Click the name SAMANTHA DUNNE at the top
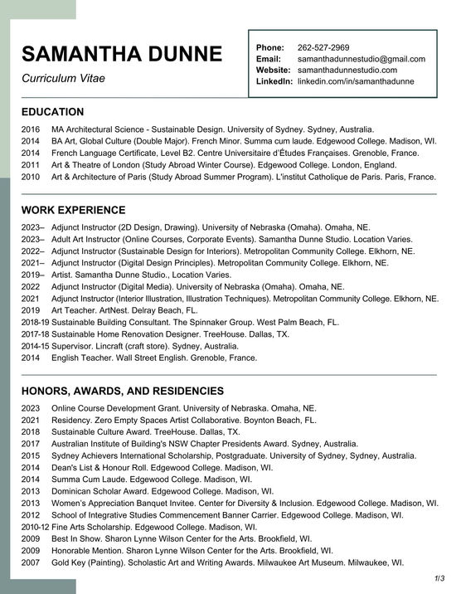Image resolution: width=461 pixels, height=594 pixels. coord(122,55)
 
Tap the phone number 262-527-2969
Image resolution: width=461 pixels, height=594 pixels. coord(323,47)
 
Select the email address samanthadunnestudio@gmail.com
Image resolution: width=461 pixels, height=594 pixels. coord(361,59)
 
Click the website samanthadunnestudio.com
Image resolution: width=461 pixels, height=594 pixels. coord(347,71)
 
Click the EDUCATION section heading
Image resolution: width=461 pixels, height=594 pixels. coord(52,112)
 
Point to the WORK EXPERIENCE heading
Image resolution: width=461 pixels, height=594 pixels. coord(73,210)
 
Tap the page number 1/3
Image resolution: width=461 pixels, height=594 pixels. coord(439,578)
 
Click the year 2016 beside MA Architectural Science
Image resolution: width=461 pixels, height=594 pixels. coord(31,130)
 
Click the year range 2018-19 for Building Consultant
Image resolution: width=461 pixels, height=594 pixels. coord(35,322)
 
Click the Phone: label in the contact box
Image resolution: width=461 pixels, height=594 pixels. coord(270,47)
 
